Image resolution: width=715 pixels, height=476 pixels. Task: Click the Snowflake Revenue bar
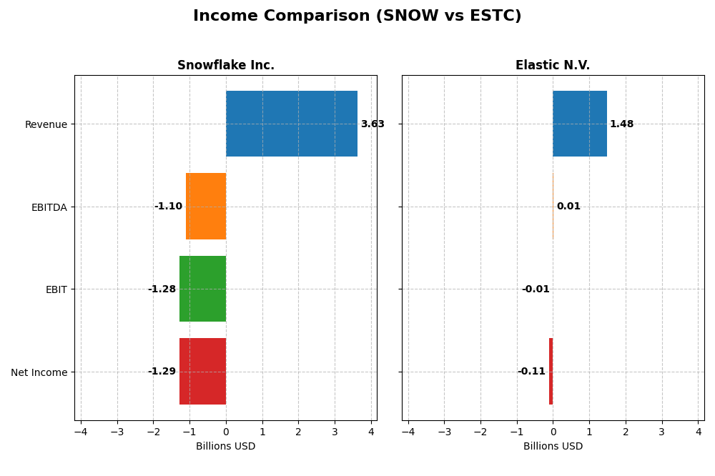pos(292,124)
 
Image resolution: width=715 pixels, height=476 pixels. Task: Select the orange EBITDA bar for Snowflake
pos(206,207)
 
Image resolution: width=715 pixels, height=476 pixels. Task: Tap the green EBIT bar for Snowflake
pos(202,289)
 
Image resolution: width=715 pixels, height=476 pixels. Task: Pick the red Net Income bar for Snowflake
pos(202,372)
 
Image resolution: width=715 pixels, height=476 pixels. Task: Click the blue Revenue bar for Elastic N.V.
pos(580,124)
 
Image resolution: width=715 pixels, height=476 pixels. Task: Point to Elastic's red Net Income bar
pos(551,372)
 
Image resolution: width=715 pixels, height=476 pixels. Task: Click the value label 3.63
pos(373,124)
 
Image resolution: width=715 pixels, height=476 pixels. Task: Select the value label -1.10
pos(168,207)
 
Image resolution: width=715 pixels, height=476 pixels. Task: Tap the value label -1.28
pos(162,289)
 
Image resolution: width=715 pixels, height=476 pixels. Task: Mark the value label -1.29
pos(162,372)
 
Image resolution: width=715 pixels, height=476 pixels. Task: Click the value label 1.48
pos(621,124)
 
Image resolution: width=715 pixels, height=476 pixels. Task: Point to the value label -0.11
pos(531,372)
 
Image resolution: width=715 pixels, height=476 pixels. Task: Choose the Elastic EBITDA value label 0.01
pos(568,207)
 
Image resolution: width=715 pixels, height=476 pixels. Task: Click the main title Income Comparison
pos(357,16)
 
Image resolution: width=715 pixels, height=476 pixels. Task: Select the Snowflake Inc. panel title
pos(226,66)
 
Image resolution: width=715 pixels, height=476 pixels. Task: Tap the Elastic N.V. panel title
pos(553,66)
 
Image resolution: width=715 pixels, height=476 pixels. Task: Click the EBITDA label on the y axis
pos(49,207)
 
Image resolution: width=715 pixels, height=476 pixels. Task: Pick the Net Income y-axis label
pos(39,372)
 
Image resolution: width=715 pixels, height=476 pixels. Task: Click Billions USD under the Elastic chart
pos(553,447)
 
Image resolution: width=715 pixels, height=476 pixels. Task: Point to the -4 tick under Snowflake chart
pos(80,432)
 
